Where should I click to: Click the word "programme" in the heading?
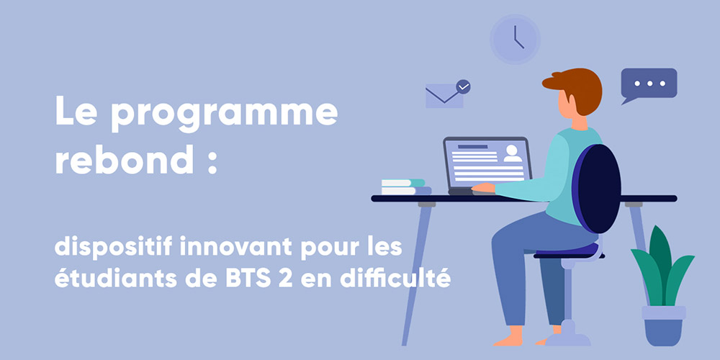point(224,114)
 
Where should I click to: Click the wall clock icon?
point(515,39)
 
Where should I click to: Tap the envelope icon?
point(444,96)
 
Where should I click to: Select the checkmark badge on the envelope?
point(463,87)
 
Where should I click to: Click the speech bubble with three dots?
point(649,84)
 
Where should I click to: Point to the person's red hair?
point(576,88)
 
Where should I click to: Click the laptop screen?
point(487,163)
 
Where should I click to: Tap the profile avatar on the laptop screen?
point(513,153)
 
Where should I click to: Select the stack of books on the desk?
point(406,187)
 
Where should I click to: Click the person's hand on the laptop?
point(483,187)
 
